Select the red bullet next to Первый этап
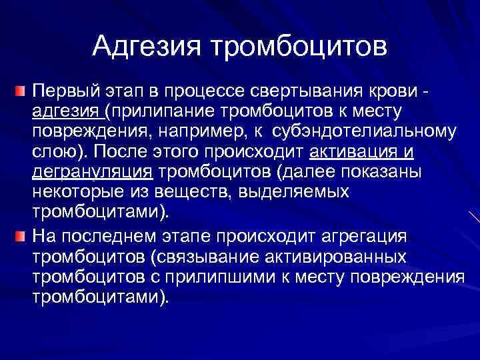pos(22,89)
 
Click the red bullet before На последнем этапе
pos(22,237)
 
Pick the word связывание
pos(210,257)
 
